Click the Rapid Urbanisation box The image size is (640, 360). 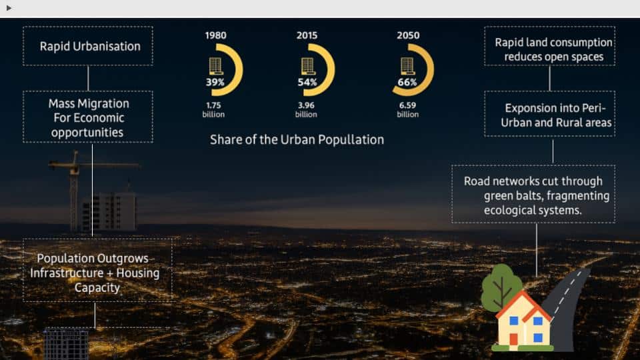coord(88,46)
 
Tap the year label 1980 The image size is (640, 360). coord(215,35)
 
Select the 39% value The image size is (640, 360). coord(215,82)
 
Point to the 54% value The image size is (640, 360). coord(307,82)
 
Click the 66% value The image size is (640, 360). coord(407,82)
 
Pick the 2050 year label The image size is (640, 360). coord(408,35)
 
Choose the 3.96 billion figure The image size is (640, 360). coord(306,110)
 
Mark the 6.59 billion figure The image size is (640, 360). coord(408,110)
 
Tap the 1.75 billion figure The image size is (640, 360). coord(213,110)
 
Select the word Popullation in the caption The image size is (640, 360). coord(351,140)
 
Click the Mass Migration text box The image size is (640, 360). coord(88,117)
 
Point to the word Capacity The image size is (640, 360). coord(97,288)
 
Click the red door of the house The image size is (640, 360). coord(513,339)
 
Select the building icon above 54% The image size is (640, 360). coord(308,66)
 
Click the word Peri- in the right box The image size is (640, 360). coord(593,108)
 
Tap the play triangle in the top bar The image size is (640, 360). coord(9,8)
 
